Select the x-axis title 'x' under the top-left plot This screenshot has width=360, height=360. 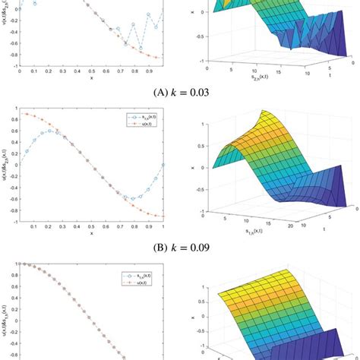click(x=90, y=77)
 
